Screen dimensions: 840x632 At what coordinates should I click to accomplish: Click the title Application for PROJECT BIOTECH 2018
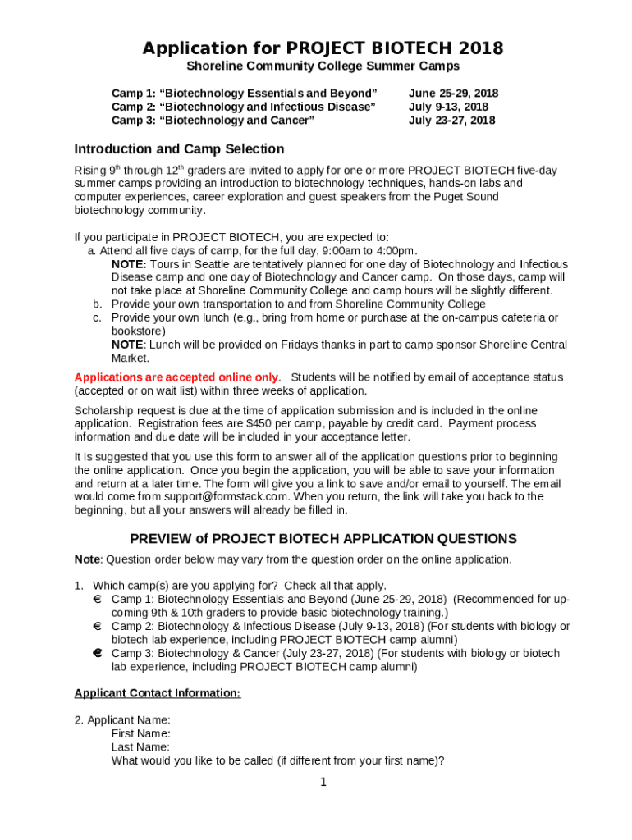323,48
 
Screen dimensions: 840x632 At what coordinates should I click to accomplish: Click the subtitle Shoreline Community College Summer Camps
323,66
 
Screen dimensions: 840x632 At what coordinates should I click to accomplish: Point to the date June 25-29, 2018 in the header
453,94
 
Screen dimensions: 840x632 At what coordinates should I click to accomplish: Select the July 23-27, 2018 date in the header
451,121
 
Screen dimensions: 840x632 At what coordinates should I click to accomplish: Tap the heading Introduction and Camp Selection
179,149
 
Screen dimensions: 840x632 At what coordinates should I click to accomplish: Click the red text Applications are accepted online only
176,377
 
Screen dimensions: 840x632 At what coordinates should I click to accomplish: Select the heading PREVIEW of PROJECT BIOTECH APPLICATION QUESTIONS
323,539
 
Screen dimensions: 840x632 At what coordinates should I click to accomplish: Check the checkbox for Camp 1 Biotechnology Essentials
97,600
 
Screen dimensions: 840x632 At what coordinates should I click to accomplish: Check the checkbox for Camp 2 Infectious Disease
97,627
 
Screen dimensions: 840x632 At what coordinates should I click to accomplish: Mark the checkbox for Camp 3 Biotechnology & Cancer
97,654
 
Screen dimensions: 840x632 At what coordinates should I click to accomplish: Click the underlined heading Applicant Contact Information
158,693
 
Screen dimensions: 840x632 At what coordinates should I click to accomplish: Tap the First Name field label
141,733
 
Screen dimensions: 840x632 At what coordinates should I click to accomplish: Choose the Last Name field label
141,747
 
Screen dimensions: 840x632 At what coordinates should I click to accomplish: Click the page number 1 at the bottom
323,782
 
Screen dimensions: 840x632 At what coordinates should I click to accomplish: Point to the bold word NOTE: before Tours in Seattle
129,264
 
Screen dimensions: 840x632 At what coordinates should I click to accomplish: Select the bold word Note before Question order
87,559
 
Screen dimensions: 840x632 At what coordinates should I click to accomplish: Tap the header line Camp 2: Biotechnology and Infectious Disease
244,107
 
